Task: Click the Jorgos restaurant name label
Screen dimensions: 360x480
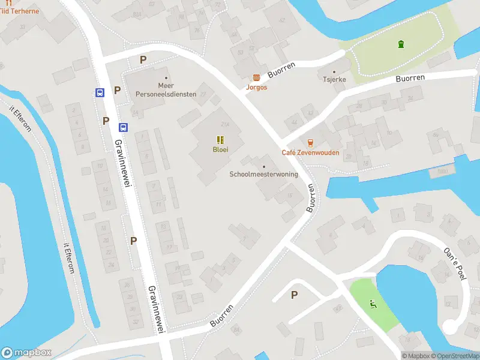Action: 256,87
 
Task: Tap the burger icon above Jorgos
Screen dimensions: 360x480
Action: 257,77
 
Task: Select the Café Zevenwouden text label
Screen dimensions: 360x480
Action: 310,152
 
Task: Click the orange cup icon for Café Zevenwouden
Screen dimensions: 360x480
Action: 310,143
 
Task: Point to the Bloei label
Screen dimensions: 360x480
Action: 220,149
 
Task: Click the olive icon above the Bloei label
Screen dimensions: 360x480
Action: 220,139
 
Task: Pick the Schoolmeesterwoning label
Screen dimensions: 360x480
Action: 264,175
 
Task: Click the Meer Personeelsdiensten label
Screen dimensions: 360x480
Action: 165,90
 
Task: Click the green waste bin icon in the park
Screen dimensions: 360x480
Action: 400,44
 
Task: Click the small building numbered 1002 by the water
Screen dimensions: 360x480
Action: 443,170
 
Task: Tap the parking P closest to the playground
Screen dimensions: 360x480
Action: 294,295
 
